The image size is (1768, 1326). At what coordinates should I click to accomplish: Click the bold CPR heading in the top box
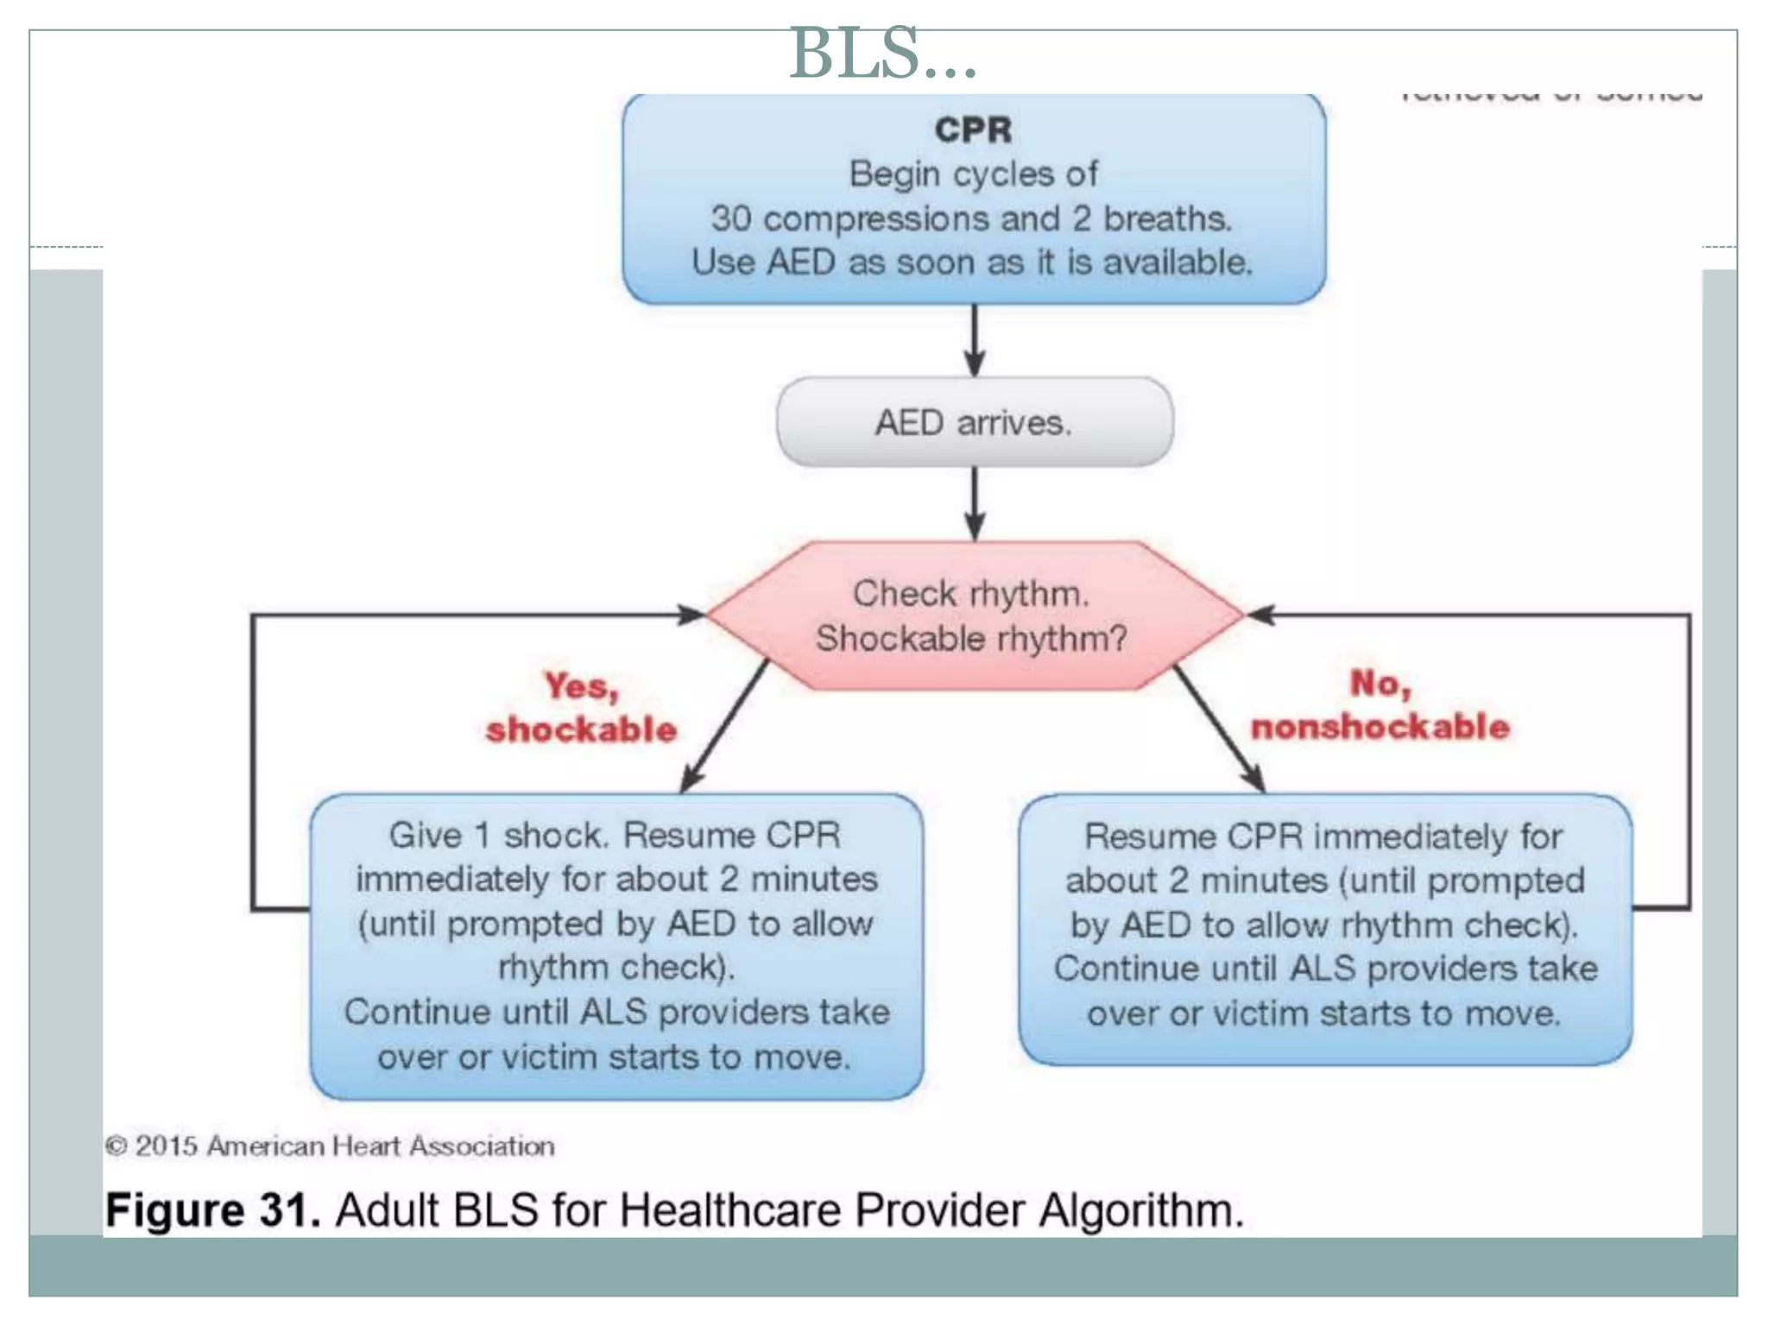973,130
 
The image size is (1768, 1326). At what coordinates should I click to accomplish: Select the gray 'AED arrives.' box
974,422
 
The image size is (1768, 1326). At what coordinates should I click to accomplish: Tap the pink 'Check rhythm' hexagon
973,615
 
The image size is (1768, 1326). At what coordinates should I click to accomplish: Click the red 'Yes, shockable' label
581,708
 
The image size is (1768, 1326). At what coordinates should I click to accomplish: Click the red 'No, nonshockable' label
1380,705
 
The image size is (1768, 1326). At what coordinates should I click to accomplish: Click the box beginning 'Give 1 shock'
616,946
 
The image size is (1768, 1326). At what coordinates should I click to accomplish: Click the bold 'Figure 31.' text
212,1209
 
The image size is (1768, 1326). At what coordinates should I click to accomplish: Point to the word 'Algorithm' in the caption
1140,1209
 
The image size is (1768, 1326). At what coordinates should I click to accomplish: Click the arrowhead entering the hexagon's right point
1260,615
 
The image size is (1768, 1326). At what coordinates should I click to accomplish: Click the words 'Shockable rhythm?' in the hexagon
971,639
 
